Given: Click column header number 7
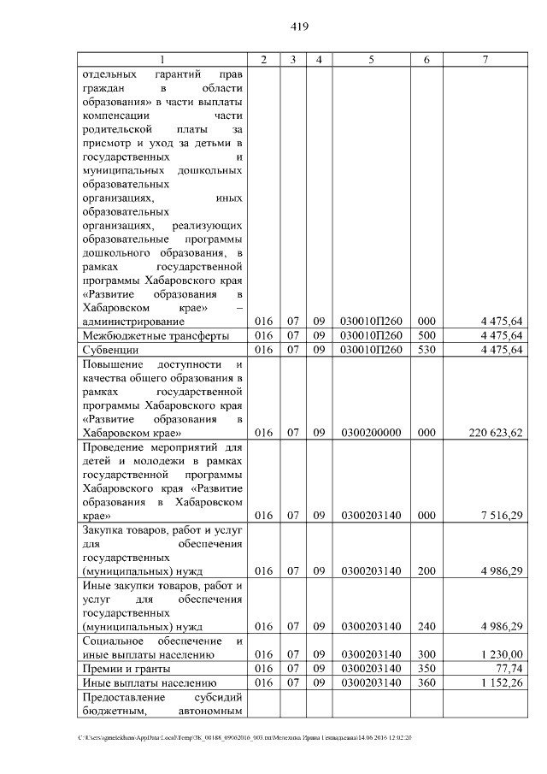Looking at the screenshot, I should tap(485, 59).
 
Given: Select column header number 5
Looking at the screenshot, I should tap(371, 59).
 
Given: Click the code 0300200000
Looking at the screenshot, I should tap(371, 433).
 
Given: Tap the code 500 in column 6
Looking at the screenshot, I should tap(426, 335).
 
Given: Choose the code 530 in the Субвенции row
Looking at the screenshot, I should tap(426, 350).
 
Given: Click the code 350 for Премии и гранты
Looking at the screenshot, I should tap(426, 668).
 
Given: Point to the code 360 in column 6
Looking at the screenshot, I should tap(426, 682).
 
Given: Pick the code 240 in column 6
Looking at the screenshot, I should tap(426, 626).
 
